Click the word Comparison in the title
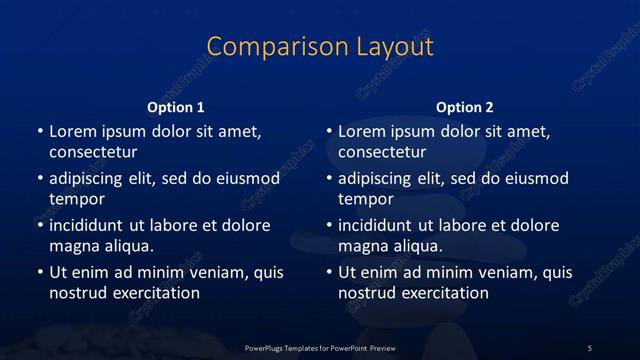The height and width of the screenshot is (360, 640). click(262, 47)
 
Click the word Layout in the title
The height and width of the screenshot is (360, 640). click(391, 47)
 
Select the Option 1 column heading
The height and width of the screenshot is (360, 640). click(176, 107)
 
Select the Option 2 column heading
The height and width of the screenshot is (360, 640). click(465, 107)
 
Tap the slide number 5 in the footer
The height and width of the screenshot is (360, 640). click(590, 347)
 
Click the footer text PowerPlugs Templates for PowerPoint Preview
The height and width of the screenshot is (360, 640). click(319, 347)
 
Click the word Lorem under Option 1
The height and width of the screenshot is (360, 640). click(72, 131)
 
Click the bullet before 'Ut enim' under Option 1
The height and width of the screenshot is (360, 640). click(39, 272)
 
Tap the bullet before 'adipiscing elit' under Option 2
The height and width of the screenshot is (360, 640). click(329, 179)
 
